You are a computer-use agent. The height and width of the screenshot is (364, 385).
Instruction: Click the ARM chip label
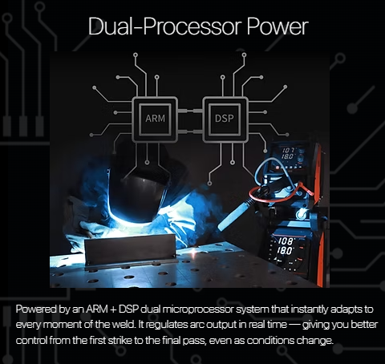(155, 118)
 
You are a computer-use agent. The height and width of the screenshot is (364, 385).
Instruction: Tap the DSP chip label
(225, 118)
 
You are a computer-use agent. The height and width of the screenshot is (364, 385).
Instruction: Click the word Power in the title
(278, 26)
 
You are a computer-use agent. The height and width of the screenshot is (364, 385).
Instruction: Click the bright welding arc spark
(193, 251)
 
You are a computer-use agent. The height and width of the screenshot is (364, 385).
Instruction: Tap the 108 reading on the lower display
(286, 241)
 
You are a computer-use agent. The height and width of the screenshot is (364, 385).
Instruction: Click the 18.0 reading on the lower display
(285, 251)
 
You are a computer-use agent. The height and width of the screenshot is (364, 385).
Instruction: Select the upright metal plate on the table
(130, 251)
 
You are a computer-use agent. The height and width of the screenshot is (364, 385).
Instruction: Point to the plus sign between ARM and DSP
(113, 309)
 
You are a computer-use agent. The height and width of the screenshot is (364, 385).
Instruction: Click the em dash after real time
(294, 325)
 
